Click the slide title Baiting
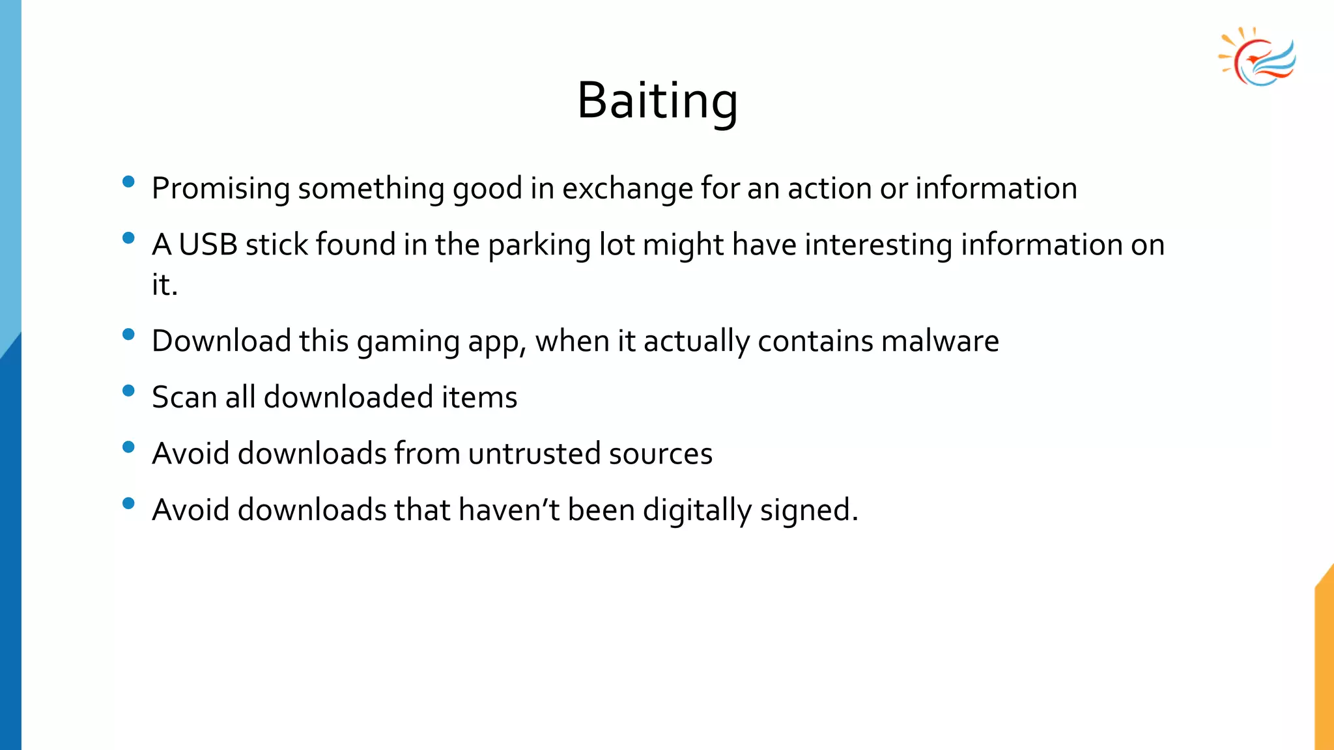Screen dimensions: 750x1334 (657, 101)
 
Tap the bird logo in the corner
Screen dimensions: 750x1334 (1257, 57)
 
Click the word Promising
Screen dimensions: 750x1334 (220, 189)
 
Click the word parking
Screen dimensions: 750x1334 (539, 245)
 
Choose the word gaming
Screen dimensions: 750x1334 (408, 341)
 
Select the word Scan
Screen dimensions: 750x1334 (184, 397)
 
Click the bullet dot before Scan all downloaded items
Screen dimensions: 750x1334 (128, 391)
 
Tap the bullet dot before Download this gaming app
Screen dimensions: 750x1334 (128, 335)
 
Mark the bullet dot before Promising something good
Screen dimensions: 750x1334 (128, 182)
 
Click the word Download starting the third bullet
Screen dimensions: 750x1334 (221, 341)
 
